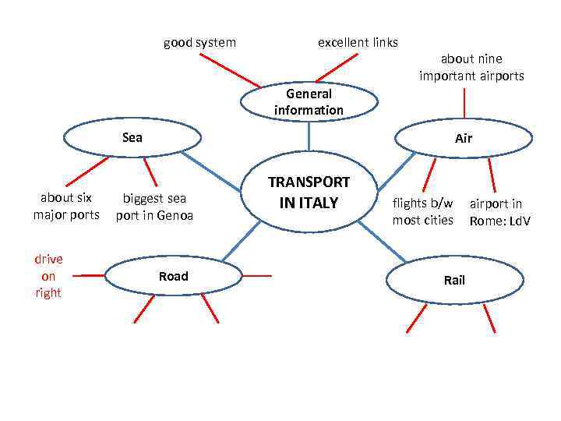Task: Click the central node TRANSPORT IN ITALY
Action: click(309, 193)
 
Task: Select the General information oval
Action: click(309, 102)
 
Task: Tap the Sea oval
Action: click(132, 138)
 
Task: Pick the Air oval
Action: click(464, 139)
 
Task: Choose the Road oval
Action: click(173, 276)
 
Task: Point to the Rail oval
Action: click(453, 280)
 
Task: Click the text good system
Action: click(199, 42)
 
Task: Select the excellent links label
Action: click(358, 42)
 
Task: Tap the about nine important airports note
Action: click(471, 67)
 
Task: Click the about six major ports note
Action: click(66, 206)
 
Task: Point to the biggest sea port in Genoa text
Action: click(154, 207)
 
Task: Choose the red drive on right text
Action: click(48, 276)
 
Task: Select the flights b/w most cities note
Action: click(422, 212)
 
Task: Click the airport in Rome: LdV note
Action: click(499, 212)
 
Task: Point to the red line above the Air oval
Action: click(465, 103)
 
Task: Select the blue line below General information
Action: click(309, 137)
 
